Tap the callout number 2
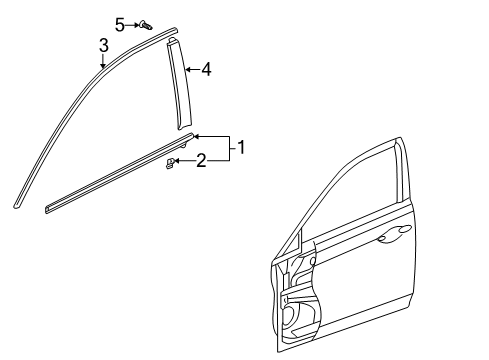click(201, 160)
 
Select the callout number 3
click(103, 45)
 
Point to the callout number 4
click(205, 69)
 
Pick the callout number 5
click(119, 23)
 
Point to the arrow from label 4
click(192, 69)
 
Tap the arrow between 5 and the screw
click(133, 24)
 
